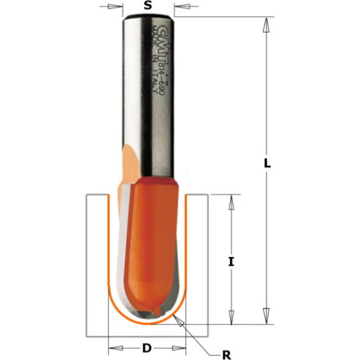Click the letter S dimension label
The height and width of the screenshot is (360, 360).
[147, 6]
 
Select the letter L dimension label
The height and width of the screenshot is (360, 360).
[267, 164]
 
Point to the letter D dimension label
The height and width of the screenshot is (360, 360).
[147, 348]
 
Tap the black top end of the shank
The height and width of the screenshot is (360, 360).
[148, 17]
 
